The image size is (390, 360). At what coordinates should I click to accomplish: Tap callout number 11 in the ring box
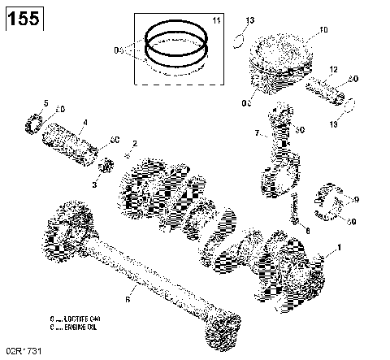(x=215, y=19)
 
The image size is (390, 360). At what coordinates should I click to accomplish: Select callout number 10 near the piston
(x=323, y=31)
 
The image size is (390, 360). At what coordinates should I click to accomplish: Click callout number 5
(x=45, y=102)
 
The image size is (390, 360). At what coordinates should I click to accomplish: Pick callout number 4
(x=84, y=124)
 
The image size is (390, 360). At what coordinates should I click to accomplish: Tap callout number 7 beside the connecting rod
(x=257, y=133)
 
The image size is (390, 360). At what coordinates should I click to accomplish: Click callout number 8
(x=307, y=231)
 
